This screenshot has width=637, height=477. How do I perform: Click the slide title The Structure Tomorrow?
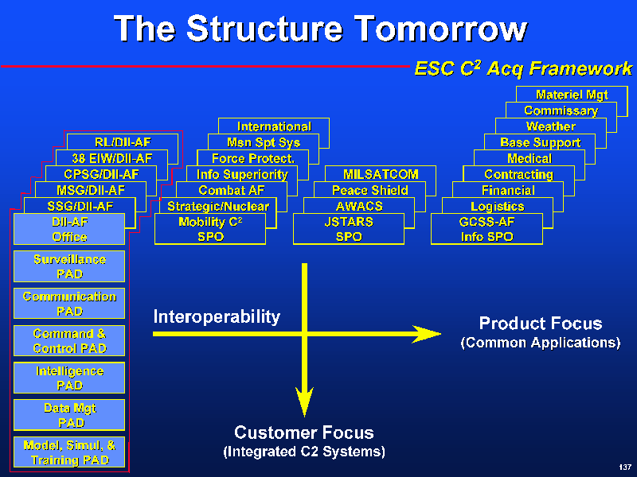[320, 29]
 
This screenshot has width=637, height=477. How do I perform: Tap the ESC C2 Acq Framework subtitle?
[523, 68]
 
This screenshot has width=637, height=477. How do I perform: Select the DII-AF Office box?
[69, 229]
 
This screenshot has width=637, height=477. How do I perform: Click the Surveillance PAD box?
[69, 266]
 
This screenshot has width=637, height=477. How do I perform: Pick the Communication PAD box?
[69, 304]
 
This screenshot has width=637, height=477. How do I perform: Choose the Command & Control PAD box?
[69, 341]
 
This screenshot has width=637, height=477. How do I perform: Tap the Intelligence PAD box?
[69, 378]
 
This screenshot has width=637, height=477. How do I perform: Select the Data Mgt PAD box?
[69, 415]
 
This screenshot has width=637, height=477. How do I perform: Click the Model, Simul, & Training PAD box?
[69, 452]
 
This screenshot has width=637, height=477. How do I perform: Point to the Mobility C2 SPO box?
[210, 229]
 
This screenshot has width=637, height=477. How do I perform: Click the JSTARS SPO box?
[349, 229]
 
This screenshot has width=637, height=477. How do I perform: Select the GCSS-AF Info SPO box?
[487, 229]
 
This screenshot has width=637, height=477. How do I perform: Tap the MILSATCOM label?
[381, 175]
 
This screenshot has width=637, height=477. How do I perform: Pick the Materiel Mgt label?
[571, 95]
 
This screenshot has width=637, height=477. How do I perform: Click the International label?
[274, 126]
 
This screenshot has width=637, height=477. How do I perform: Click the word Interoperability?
[217, 317]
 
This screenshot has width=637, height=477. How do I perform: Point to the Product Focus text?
[540, 324]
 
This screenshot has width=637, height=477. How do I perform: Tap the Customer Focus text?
[303, 433]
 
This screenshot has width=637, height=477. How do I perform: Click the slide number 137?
[624, 466]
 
